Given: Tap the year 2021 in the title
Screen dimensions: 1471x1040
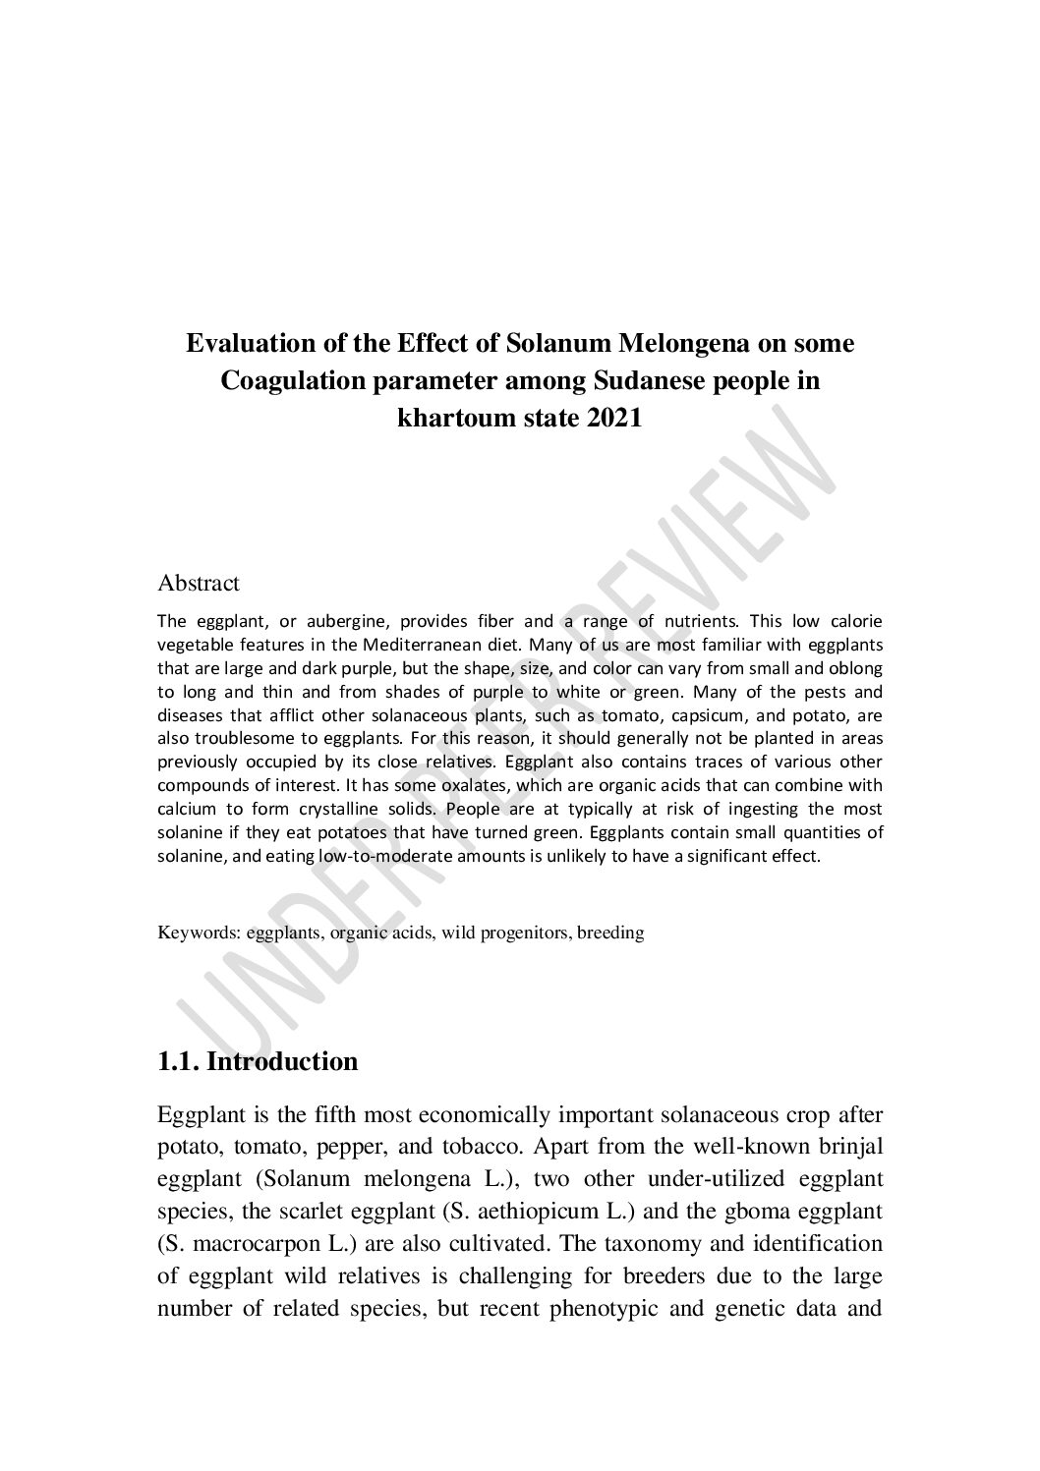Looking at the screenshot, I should [613, 418].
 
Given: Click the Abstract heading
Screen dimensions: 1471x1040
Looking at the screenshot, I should [199, 583].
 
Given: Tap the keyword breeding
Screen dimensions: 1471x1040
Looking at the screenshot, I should [610, 933].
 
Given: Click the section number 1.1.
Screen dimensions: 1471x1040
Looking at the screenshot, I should [179, 1062].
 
